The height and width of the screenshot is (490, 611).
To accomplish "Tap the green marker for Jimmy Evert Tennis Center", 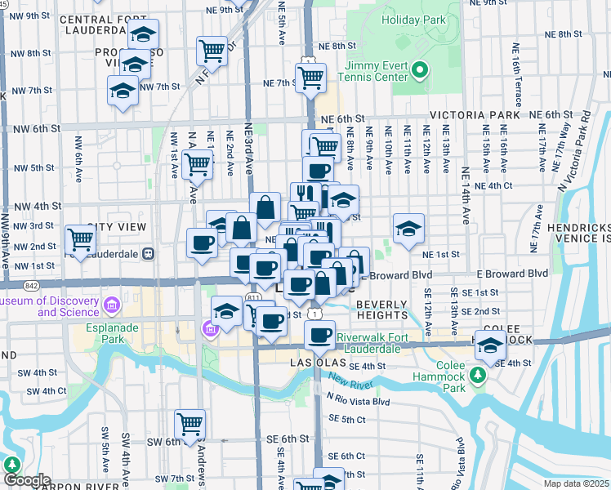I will pos(420,70).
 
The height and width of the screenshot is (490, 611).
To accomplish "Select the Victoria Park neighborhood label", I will pos(471,115).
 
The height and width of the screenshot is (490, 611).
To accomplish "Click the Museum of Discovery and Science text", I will pos(49,306).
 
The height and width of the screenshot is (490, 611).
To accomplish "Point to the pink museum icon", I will pos(112,306).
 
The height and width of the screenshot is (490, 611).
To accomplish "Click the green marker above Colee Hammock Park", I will pos(480,375).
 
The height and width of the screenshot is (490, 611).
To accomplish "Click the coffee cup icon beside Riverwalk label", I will pos(319,335).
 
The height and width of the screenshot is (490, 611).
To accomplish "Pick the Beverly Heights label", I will pos(381,310).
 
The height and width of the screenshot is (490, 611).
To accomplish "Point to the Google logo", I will pos(27,481).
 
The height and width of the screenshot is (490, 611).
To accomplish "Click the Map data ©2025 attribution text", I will pos(575,483).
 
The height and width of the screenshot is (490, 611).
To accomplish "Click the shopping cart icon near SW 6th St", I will pos(189,424).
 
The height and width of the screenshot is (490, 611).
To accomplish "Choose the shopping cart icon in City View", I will pos(81,240).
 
